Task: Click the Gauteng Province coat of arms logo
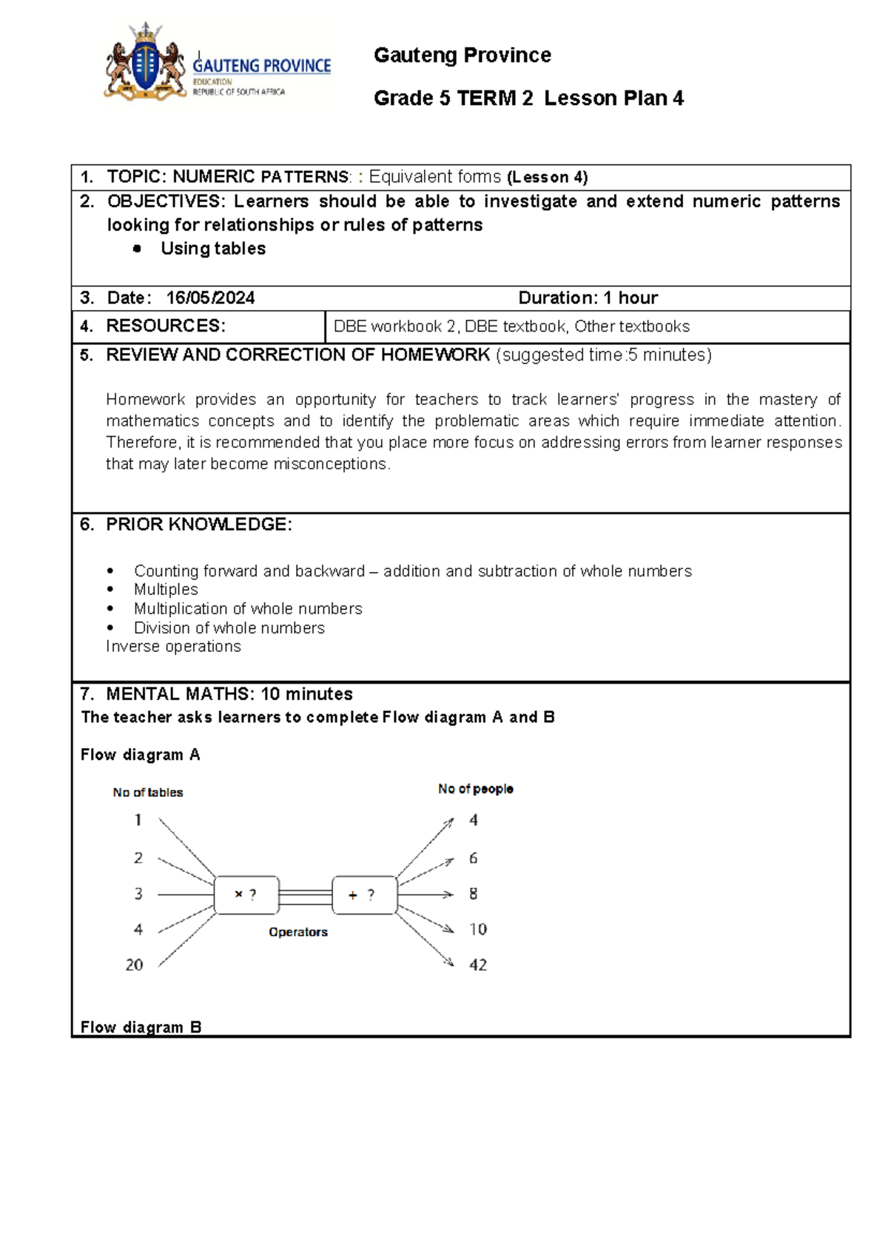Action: point(146,64)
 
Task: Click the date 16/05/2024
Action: point(210,298)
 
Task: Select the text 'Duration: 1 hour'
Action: point(588,298)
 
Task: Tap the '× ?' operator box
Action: point(246,895)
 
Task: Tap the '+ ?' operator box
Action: point(364,895)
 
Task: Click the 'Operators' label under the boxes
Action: point(298,932)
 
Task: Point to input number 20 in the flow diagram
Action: point(134,965)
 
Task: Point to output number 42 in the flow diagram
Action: point(478,965)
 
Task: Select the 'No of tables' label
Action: point(148,793)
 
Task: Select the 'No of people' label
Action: point(475,790)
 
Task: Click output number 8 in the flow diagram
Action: point(474,894)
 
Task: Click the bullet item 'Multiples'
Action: point(166,590)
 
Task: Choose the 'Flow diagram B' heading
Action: point(141,1027)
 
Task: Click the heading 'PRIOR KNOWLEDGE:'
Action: point(198,525)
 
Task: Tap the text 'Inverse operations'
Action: point(173,647)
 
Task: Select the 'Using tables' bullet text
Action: point(213,249)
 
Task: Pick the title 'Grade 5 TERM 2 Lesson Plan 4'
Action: point(528,98)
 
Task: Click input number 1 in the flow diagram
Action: point(138,820)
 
